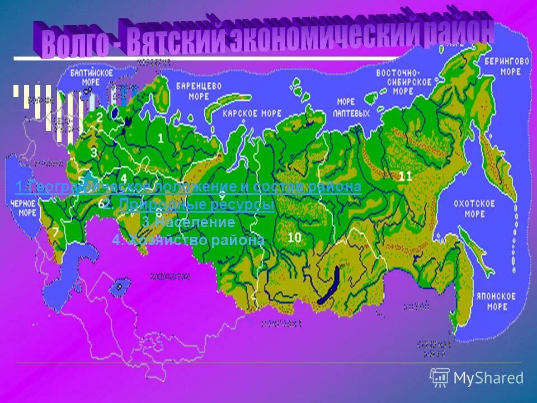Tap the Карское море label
(244, 114)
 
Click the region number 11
(406, 176)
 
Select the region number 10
(294, 237)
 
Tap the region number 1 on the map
(161, 138)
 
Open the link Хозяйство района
(188, 241)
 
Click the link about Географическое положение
(188, 187)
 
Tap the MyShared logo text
(488, 378)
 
